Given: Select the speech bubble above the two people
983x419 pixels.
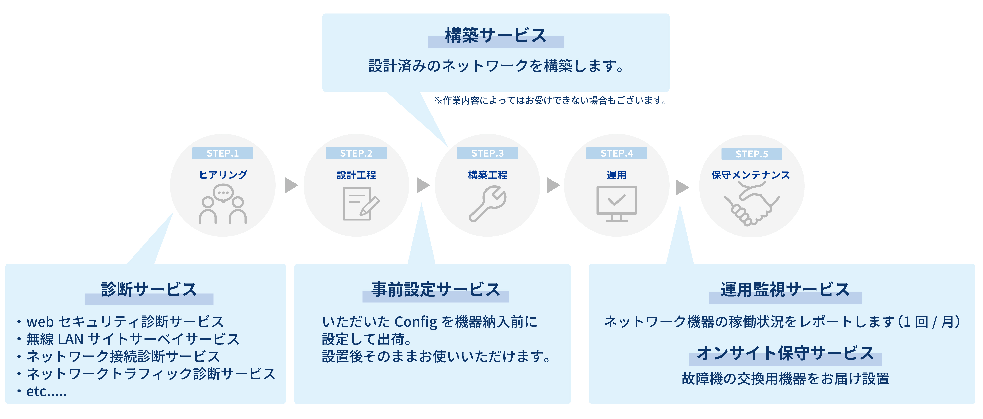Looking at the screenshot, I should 223,193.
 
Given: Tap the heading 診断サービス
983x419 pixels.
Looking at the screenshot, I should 149,290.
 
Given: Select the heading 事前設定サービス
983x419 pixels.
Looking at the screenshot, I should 435,290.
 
